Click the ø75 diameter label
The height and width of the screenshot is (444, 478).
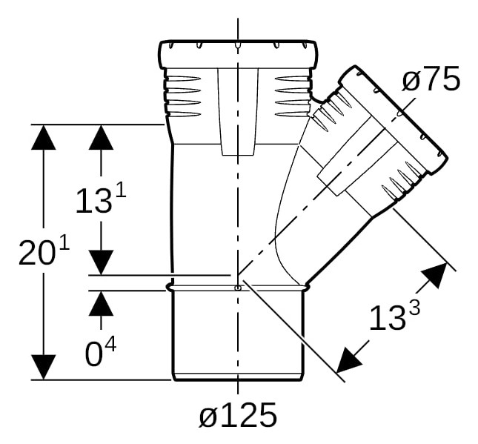coord(431,79)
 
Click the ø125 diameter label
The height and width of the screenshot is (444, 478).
coord(238,415)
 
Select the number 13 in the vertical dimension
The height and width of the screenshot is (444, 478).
coord(93,202)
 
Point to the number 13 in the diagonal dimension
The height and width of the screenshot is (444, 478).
coord(388,319)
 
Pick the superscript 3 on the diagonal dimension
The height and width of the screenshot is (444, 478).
coord(414,309)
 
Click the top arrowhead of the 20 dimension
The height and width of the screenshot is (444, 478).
coord(43,137)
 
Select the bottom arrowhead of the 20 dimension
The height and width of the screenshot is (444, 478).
coord(43,368)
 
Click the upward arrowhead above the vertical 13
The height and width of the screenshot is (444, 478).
coord(102,137)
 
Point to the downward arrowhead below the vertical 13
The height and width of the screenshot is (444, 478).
coord(102,262)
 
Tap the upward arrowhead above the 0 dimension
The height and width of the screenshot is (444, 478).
coord(102,303)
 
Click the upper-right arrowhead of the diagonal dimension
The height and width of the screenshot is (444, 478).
coord(435,276)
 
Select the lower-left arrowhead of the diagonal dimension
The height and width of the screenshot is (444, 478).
coord(350,361)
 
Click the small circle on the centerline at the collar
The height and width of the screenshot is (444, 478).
coord(238,288)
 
